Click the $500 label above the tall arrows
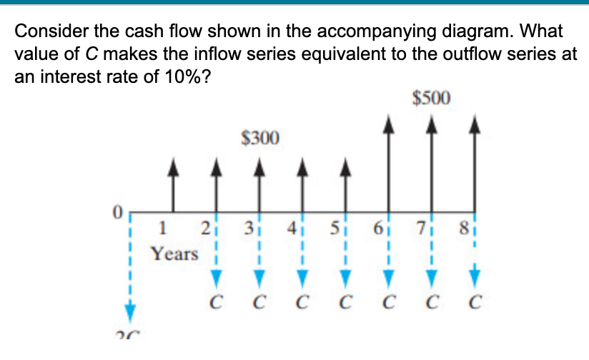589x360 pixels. coord(432,97)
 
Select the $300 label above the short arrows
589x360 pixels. coord(260,136)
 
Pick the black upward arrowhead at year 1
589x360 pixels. coord(172,166)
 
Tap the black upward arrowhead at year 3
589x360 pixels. coord(259,166)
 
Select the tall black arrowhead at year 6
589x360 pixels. coord(388,125)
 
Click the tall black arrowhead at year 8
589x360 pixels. coord(474,125)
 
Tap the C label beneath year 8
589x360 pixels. coord(475,302)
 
